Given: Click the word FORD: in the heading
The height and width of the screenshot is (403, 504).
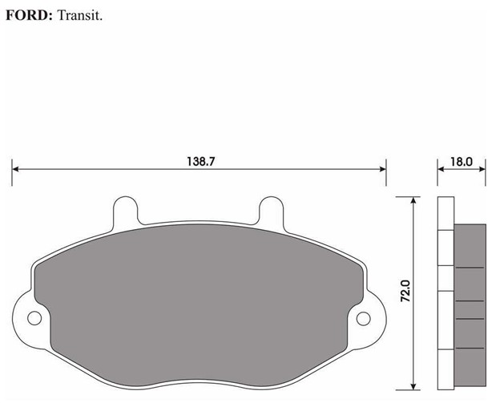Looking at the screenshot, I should coord(29,15).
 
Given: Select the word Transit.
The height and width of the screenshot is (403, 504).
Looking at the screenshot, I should coord(80,15).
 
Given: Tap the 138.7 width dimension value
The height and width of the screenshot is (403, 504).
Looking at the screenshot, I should coord(201,161).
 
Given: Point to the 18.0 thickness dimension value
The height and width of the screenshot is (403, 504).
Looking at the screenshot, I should coord(462,161).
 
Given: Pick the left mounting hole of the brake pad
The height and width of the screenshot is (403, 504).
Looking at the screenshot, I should coord(34,319).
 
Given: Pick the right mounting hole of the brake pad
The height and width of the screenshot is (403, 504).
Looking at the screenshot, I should coord(364,319).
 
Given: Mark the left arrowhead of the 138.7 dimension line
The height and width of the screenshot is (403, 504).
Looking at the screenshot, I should coord(16,169).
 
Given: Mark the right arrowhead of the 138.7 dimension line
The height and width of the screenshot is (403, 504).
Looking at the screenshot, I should coord(382,169).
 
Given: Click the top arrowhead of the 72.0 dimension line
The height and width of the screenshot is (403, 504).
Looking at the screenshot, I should coord(413,200).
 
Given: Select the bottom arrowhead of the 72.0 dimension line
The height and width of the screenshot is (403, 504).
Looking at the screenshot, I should coord(413,383).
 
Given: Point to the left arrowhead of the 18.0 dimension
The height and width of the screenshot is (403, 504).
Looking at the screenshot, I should coord(442,169).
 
